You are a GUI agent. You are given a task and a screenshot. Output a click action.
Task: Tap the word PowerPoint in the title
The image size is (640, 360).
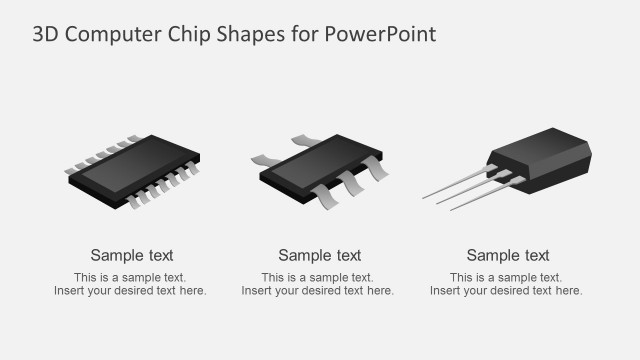(x=380, y=35)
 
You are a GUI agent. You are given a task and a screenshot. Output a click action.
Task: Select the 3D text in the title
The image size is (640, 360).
(x=45, y=35)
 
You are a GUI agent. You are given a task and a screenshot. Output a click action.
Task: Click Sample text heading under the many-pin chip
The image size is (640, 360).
(x=132, y=255)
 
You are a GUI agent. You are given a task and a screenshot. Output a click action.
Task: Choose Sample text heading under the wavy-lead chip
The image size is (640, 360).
(x=320, y=255)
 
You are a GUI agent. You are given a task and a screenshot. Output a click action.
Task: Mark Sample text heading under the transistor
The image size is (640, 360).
(x=508, y=255)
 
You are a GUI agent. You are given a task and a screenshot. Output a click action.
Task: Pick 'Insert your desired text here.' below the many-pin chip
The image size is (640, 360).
(x=131, y=291)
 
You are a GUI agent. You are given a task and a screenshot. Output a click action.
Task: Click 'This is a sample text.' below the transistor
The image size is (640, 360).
(x=507, y=277)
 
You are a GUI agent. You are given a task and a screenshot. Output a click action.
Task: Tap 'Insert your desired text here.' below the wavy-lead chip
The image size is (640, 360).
(x=318, y=291)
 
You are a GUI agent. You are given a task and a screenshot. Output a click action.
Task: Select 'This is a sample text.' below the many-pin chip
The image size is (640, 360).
(x=131, y=277)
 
